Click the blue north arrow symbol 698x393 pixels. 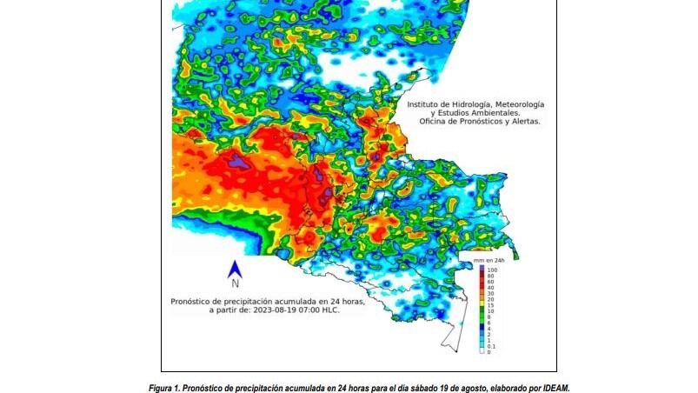[x=234, y=270]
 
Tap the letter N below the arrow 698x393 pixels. [x=235, y=283]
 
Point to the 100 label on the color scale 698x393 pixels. [x=491, y=270]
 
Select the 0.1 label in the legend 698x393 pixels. [x=491, y=346]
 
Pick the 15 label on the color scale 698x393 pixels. [x=490, y=305]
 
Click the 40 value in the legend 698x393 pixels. [x=490, y=288]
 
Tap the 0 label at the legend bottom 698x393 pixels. [x=489, y=352]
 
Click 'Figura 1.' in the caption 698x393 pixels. [x=166, y=388]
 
